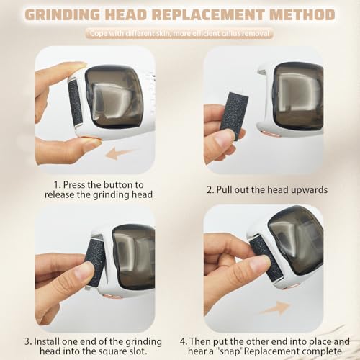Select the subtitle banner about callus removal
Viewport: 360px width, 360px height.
[x=179, y=32]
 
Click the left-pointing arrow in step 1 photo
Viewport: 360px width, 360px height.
[x=119, y=153]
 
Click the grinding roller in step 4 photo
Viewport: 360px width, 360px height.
[x=264, y=256]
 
